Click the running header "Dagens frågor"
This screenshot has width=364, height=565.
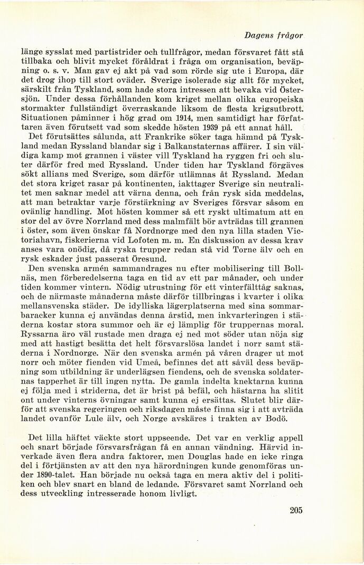276,35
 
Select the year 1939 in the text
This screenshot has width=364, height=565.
206,128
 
